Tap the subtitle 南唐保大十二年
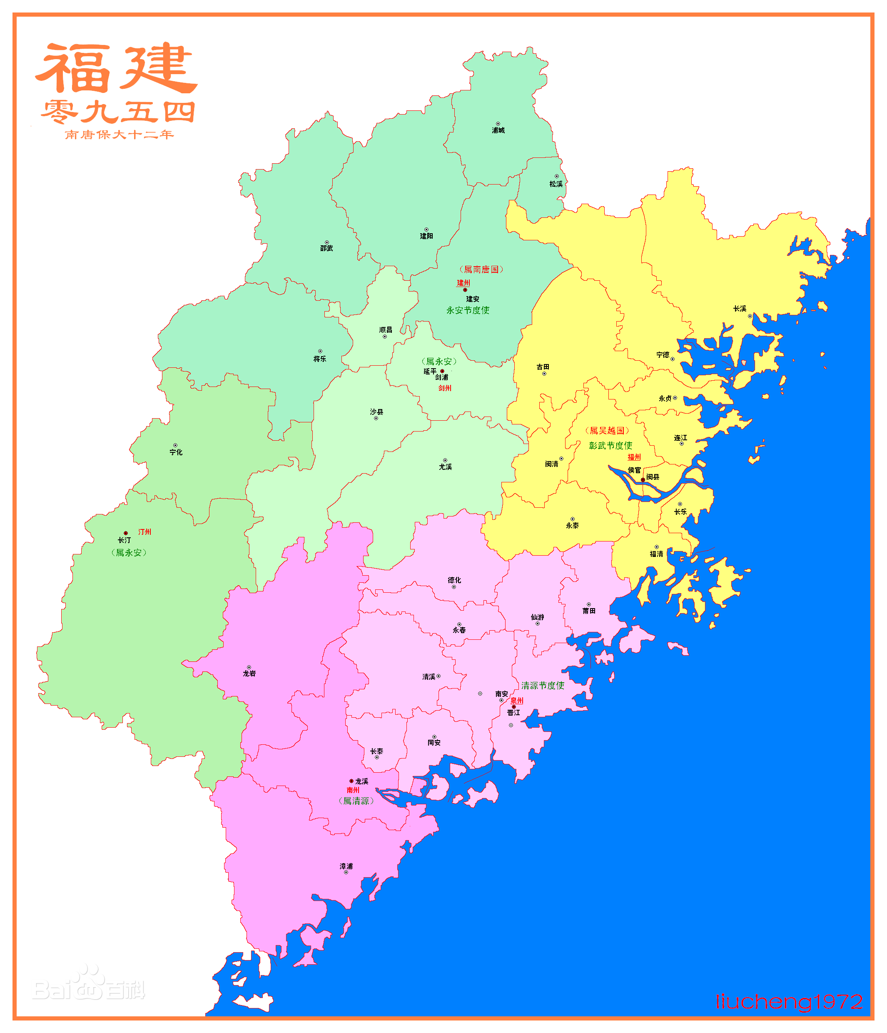coord(119,135)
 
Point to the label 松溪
coord(556,184)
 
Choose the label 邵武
coord(326,248)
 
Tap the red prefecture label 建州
coord(463,283)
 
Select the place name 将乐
coord(319,359)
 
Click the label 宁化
coord(176,452)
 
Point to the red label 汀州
coord(145,532)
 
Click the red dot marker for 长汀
coord(126,533)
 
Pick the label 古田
coord(543,367)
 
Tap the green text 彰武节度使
coord(610,445)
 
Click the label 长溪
coord(740,309)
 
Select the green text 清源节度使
coord(543,686)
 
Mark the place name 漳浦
coord(346,866)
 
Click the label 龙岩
coord(249,674)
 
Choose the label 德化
coord(454,580)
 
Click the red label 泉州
coord(517,701)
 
